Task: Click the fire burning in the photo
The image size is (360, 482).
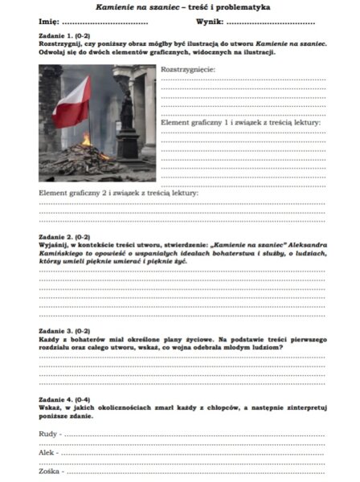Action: point(86,139)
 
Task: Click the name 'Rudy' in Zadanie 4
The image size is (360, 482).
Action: point(48,434)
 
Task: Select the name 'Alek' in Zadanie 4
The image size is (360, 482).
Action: point(47,452)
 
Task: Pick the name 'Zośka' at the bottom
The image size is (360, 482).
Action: point(50,471)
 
